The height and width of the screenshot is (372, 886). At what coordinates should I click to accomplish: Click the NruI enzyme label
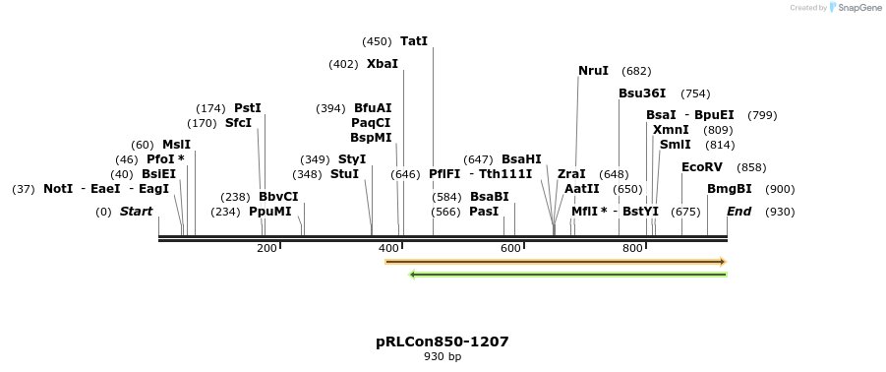[x=593, y=71]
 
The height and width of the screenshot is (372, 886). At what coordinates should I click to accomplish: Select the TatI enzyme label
[x=414, y=41]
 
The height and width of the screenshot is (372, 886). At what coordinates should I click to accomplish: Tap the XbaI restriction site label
[x=383, y=64]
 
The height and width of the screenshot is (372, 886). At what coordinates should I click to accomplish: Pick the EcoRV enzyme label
[x=702, y=167]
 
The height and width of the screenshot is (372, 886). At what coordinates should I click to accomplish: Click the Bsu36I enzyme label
[x=642, y=93]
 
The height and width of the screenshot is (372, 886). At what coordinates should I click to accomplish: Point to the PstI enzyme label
[x=248, y=108]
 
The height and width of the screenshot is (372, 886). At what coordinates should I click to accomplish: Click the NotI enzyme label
[x=58, y=189]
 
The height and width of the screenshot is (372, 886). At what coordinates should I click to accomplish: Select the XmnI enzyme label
[x=671, y=130]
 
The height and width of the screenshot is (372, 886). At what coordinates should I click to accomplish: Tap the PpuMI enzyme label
[x=270, y=212]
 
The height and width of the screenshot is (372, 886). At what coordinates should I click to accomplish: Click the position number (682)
[x=636, y=71]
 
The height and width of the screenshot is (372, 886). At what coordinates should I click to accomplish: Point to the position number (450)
[x=377, y=41]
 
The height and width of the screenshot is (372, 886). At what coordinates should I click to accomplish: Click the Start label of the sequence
[x=136, y=212]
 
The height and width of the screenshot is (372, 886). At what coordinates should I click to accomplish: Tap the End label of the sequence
[x=739, y=212]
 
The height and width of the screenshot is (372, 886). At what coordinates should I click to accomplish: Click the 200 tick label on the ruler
[x=266, y=248]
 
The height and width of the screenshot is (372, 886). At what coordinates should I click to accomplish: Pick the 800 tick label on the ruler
[x=632, y=248]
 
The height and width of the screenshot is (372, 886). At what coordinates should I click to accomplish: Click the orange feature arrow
[x=556, y=262]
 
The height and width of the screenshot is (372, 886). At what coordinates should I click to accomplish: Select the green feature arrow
[x=567, y=275]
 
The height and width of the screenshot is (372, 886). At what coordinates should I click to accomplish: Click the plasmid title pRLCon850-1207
[x=443, y=341]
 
